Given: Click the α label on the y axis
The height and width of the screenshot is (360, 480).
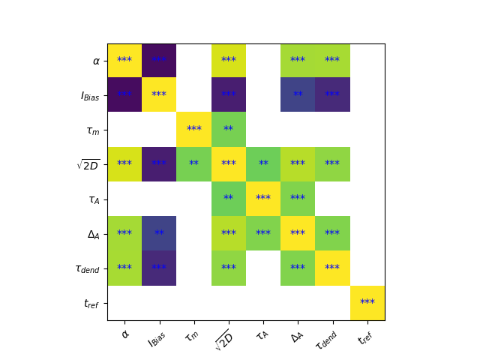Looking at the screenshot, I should [x=96, y=61].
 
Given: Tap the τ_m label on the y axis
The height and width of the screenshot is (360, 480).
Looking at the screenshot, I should [x=93, y=130].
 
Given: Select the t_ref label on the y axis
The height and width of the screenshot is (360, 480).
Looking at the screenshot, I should [x=91, y=303].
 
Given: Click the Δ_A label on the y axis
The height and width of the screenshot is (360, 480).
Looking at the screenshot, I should [x=94, y=234].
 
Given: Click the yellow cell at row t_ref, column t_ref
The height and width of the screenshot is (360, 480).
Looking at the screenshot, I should [x=367, y=303].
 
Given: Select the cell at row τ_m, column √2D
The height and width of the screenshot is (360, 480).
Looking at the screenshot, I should [x=229, y=130].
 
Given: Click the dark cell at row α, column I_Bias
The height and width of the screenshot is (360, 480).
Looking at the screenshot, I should [x=159, y=61].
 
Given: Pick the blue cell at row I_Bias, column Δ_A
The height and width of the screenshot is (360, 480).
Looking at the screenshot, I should [x=298, y=95].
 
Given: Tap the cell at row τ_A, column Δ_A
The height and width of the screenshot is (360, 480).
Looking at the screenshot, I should [x=298, y=199].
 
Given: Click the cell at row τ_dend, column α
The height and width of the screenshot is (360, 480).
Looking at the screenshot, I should [x=124, y=268].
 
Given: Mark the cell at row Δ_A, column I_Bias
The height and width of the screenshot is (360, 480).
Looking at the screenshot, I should [x=159, y=234].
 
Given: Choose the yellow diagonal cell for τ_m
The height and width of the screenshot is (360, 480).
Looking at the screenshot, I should [x=193, y=130].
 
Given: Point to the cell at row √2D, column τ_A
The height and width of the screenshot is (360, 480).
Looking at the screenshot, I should [x=263, y=164].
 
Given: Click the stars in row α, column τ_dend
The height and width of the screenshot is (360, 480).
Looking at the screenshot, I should [x=332, y=61].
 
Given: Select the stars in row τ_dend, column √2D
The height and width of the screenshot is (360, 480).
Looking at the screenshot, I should [x=229, y=268].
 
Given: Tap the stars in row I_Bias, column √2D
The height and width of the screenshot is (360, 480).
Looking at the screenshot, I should [x=229, y=95].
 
